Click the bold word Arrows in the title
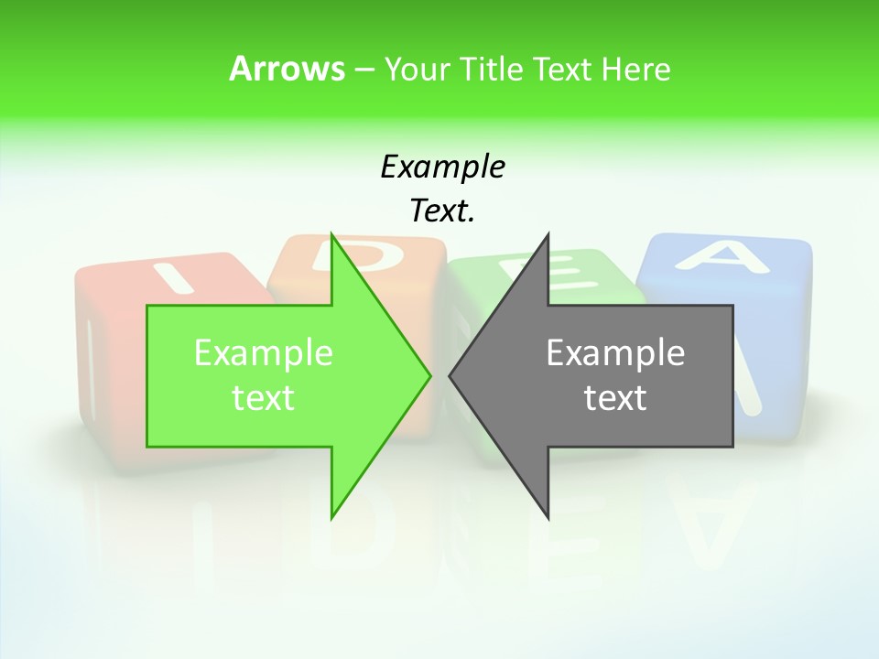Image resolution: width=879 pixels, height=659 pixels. tap(287, 69)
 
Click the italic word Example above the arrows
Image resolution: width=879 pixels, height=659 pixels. tap(442, 167)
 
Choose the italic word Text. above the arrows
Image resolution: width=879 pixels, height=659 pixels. tap(442, 211)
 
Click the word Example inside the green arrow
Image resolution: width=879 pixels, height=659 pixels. tap(264, 353)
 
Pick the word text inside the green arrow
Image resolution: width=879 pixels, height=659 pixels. tap(264, 398)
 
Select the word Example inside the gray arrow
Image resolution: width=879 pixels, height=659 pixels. tap(615, 353)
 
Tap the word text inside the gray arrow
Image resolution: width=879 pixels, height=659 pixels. tap(615, 398)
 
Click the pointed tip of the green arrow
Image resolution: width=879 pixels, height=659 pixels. tap(429, 375)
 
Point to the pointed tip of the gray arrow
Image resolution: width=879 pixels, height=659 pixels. tap(450, 375)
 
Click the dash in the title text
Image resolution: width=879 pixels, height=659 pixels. tap(364, 70)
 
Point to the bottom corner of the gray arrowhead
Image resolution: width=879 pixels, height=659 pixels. tap(548, 518)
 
